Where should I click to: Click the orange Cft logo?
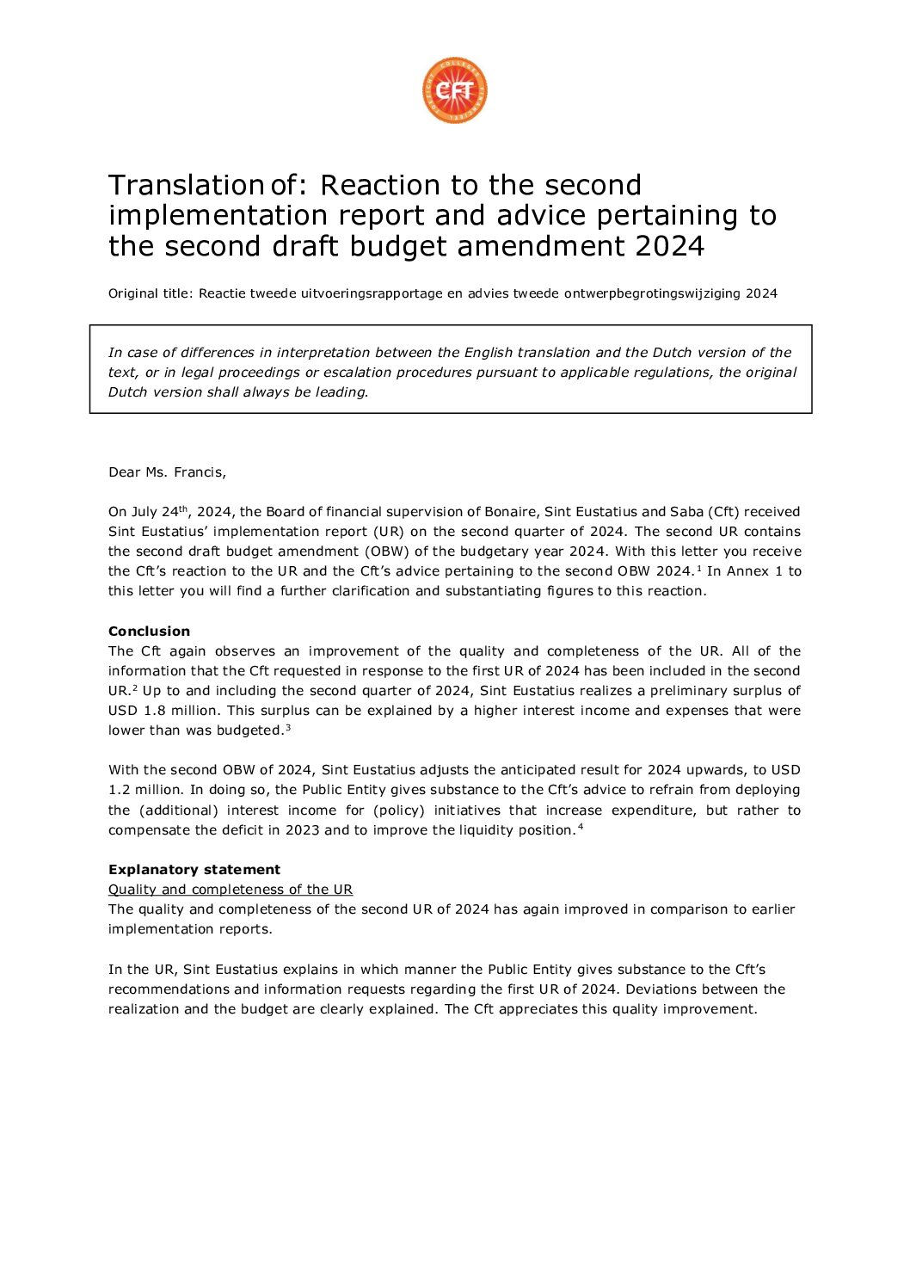pos(455,90)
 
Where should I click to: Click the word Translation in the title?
pos(186,185)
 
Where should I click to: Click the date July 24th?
pos(158,512)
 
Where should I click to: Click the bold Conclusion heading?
pos(149,632)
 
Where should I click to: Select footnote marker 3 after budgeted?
pos(288,728)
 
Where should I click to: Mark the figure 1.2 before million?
pos(120,790)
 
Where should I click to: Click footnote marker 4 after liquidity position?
pos(581,828)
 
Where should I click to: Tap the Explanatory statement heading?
pos(194,870)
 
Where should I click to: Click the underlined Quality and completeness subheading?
pos(231,890)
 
